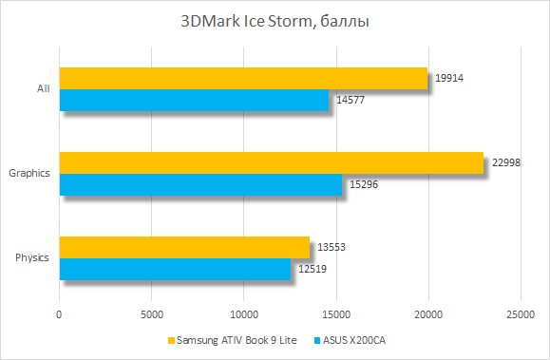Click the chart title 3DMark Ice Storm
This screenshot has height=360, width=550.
click(275, 21)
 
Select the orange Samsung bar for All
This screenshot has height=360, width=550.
click(243, 78)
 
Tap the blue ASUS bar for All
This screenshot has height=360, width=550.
click(194, 100)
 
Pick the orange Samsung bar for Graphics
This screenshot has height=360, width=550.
click(272, 162)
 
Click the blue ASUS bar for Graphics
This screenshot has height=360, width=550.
click(200, 184)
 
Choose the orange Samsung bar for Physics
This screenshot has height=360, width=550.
click(184, 247)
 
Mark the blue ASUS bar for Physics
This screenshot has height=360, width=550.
click(175, 269)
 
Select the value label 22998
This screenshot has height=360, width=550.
click(504, 162)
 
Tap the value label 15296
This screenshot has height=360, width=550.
click(362, 183)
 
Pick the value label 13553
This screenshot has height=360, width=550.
click(330, 247)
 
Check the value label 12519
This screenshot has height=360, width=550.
click(311, 268)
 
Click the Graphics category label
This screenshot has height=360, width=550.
click(28, 173)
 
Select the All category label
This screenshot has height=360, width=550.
click(43, 88)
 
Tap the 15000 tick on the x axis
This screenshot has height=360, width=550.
click(335, 313)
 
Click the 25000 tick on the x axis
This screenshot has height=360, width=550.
click(520, 313)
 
